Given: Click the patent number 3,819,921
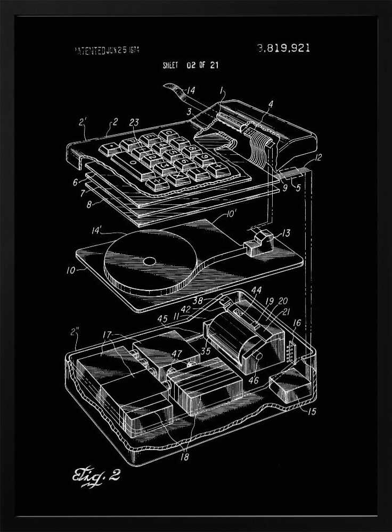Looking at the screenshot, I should pos(283,48).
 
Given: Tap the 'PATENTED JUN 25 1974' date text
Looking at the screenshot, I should pos(107,51).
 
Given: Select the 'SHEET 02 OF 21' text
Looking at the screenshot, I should pos(190,66).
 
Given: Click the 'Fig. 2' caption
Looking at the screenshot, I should pos(96,475).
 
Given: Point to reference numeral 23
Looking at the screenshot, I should pos(134,123).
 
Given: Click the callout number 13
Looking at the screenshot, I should pos(286,232).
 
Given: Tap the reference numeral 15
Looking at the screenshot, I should pos(311,411).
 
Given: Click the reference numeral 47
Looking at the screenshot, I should pos(176,353).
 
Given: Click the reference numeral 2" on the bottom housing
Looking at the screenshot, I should pos(76,333).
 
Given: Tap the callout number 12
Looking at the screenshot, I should pos(318,157).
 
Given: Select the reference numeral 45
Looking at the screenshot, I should pos(163,319).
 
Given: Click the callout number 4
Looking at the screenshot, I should pos(271,104).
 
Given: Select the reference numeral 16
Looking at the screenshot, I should pos(296,322).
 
